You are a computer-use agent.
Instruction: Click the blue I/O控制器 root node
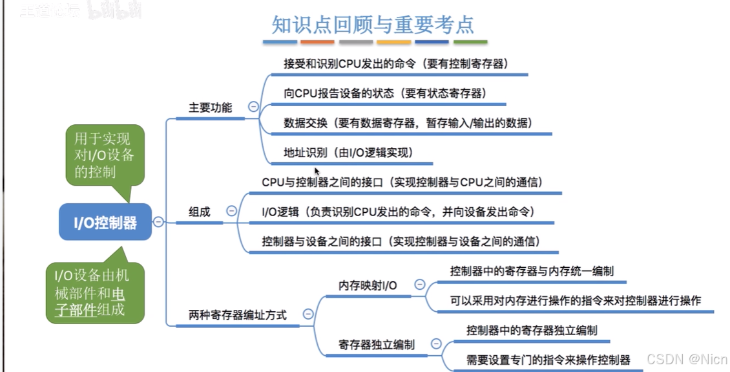[x=106, y=223]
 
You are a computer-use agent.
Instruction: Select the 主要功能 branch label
[x=210, y=107]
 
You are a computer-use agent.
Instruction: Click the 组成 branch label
[x=200, y=212]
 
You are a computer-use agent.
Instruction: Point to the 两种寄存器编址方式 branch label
[x=238, y=315]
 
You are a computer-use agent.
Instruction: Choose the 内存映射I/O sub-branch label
[x=368, y=285]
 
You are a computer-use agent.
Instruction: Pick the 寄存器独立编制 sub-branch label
[x=377, y=344]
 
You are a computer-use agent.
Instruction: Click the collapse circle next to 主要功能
[x=253, y=107]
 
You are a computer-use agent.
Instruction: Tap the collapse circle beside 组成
[x=232, y=211]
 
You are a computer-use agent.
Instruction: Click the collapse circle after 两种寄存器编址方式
[x=308, y=314]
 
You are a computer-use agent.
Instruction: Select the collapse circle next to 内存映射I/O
[x=420, y=284]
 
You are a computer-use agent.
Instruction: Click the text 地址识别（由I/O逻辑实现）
[x=348, y=153]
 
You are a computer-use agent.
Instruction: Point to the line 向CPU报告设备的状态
[x=384, y=93]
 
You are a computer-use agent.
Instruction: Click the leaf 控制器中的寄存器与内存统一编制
[x=532, y=271]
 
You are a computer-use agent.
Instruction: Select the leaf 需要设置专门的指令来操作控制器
[x=548, y=359]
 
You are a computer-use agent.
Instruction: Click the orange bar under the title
[x=317, y=42]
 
